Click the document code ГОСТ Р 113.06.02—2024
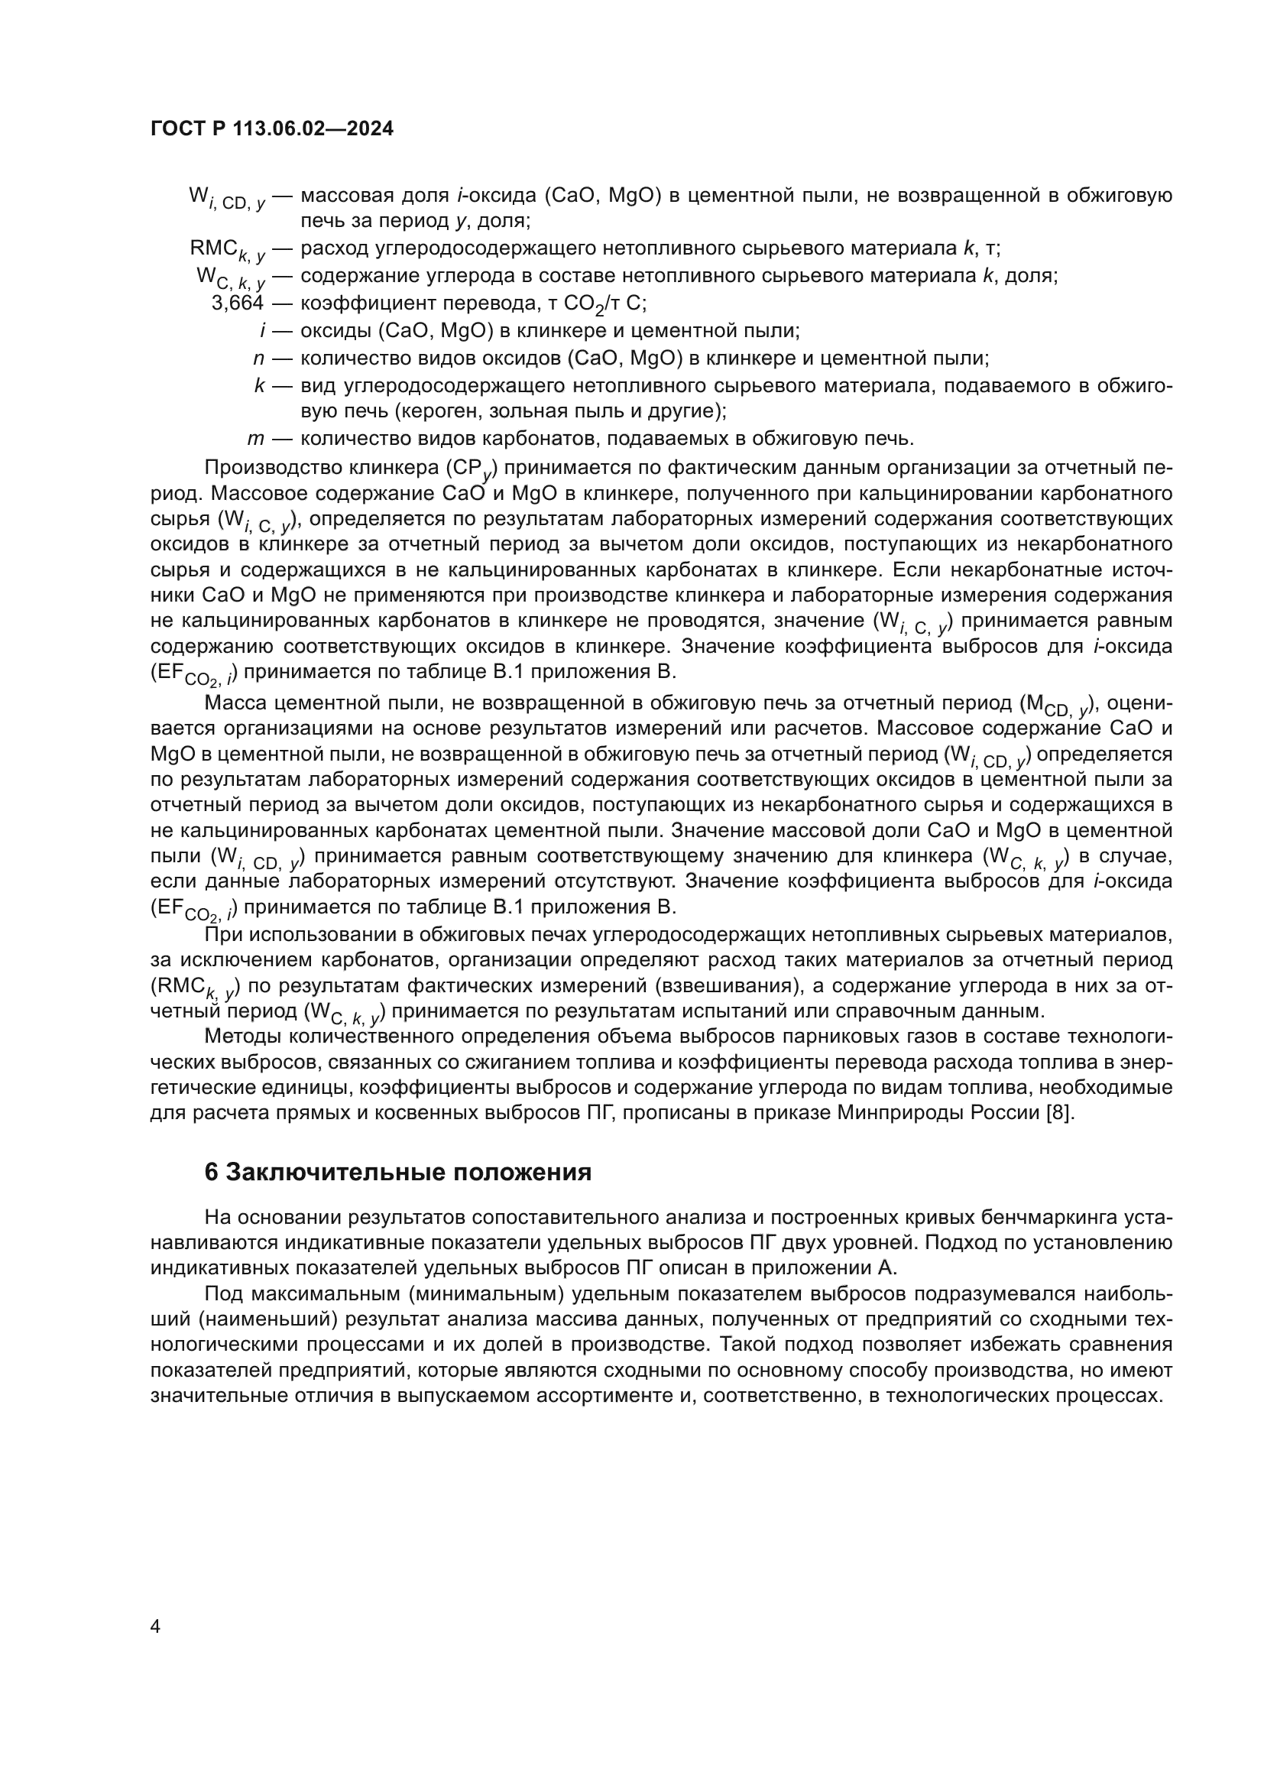click(271, 129)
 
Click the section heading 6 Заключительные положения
click(397, 1173)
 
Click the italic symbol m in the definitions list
click(256, 439)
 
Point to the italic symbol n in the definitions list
click(259, 359)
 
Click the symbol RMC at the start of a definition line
click(214, 248)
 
